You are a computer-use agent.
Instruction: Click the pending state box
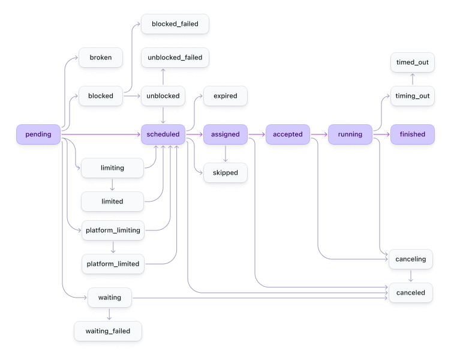pos(38,134)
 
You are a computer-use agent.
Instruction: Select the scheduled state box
pos(163,134)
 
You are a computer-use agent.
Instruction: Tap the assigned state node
pos(225,134)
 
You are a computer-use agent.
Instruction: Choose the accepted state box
pos(288,134)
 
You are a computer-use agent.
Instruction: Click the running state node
pos(350,134)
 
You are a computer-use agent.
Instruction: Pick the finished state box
pos(412,134)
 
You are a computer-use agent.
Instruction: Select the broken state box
pos(100,58)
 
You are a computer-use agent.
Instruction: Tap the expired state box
pos(225,96)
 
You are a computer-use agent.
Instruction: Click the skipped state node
pos(225,173)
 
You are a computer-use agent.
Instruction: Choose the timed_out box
pos(412,62)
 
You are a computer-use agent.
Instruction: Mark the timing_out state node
pos(412,96)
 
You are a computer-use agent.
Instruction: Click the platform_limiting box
pos(112,230)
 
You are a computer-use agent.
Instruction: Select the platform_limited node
pos(112,264)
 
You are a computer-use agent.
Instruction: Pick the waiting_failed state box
pos(109,331)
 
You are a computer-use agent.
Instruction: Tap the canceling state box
pos(411,259)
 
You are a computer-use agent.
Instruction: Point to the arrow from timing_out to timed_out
pos(412,79)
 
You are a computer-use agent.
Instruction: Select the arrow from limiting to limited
pos(112,185)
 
